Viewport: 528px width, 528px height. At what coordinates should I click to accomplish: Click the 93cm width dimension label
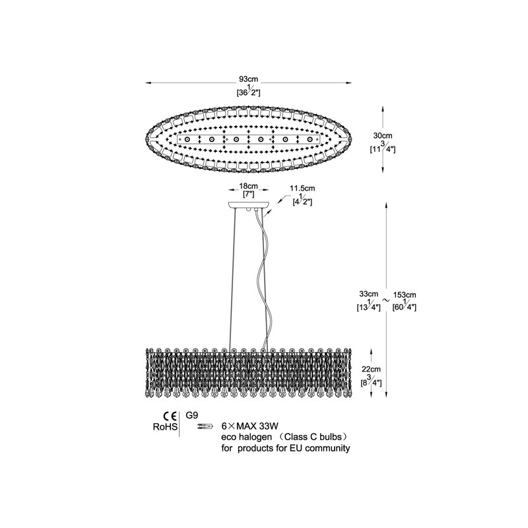click(249, 79)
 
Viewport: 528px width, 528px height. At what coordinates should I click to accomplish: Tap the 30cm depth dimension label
click(383, 136)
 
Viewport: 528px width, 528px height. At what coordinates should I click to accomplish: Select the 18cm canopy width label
click(249, 186)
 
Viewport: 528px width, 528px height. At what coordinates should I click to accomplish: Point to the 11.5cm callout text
click(302, 188)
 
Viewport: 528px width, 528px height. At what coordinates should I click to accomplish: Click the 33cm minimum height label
click(368, 294)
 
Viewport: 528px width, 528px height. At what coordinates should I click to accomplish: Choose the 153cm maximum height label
click(405, 295)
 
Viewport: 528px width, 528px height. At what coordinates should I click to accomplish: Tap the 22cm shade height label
click(371, 369)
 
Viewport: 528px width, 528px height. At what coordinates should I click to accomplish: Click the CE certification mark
click(170, 416)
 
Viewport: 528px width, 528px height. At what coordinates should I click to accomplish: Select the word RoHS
click(165, 427)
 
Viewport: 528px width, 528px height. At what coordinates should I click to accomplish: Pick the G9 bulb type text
click(192, 415)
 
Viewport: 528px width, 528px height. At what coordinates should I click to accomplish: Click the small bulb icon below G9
click(205, 426)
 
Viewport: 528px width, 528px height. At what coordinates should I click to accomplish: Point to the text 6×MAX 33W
click(250, 426)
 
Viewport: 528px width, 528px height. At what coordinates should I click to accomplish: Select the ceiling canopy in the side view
click(249, 205)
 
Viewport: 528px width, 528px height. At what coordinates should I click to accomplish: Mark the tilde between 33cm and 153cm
click(386, 300)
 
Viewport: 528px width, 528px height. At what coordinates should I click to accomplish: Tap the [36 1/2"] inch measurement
click(249, 91)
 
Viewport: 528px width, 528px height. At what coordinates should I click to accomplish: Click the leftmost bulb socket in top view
click(187, 139)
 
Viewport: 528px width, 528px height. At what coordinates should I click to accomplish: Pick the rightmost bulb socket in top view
click(310, 139)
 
